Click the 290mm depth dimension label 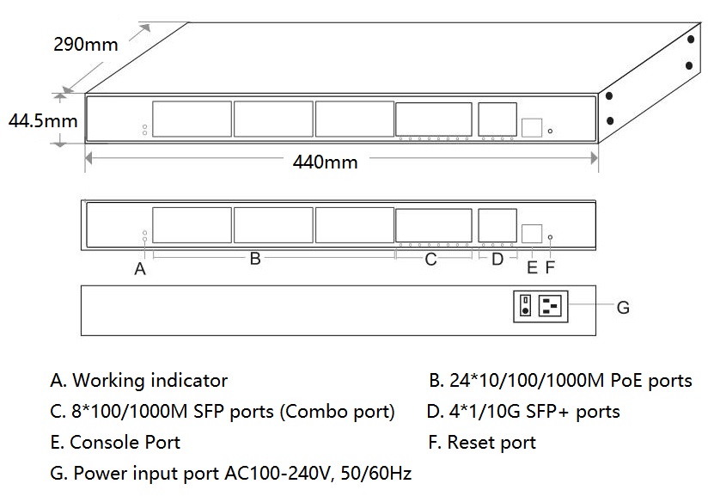86,45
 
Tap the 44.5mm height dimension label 43,121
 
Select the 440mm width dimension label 325,162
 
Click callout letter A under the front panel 140,269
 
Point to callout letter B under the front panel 255,259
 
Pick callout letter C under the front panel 430,259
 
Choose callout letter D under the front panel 497,259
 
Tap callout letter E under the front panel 532,267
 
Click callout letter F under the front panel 550,267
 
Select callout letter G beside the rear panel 623,308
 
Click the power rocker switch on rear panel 526,305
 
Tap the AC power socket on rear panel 550,305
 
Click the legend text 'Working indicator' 150,381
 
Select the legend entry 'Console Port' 116,442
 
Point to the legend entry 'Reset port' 482,442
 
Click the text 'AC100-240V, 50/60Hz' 318,474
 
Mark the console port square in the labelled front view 532,234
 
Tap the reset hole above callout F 550,237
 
